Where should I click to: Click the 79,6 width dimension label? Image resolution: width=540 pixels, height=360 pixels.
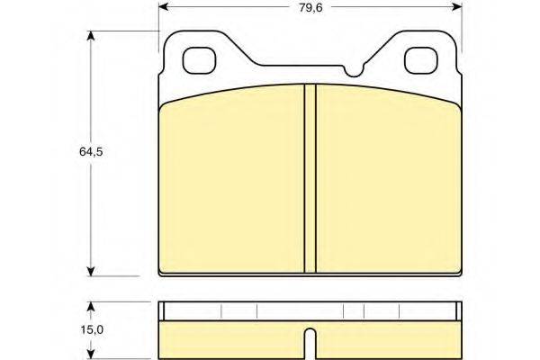(310, 7)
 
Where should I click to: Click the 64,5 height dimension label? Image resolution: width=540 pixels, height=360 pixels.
(91, 151)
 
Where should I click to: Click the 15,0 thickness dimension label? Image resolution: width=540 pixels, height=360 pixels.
(92, 329)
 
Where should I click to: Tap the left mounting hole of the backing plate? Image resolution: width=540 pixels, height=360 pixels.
(199, 60)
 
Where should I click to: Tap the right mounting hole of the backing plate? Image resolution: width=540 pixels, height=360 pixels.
(421, 60)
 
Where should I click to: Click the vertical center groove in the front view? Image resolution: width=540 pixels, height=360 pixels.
(310, 178)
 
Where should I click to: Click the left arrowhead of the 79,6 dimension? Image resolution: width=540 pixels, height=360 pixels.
(163, 6)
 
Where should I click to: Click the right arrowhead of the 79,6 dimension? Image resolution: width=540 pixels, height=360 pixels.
(456, 6)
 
